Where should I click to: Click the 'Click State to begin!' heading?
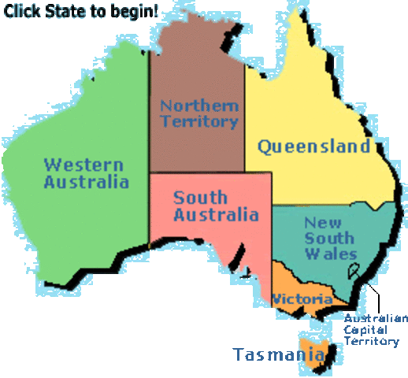tap(81, 12)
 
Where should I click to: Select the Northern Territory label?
tap(198, 113)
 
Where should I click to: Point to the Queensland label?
tap(313, 146)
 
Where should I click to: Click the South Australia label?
tap(216, 206)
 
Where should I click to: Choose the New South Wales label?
tap(329, 238)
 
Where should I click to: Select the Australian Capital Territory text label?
tap(376, 330)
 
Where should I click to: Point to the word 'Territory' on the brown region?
tap(198, 122)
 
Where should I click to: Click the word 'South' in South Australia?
tap(200, 197)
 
